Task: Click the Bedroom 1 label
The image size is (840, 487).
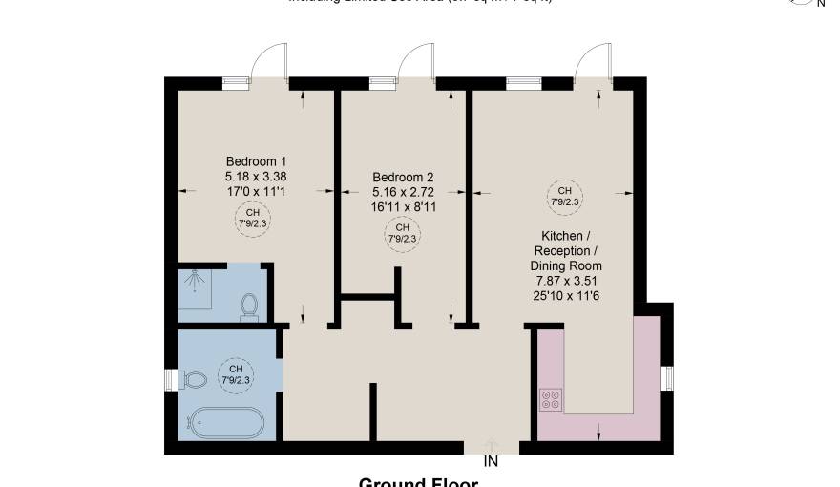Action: coord(256,160)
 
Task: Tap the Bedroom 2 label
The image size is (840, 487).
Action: coord(403,177)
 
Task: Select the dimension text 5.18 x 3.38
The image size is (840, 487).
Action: coord(256,176)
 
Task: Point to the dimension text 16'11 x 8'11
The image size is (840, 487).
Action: coord(403,205)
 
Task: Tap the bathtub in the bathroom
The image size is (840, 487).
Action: coord(225,421)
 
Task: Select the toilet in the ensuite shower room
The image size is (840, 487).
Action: coord(250,307)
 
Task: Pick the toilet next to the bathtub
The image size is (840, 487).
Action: coord(194,380)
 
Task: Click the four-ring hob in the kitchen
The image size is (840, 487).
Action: coord(552,398)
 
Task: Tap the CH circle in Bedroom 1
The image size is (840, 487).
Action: coord(252,218)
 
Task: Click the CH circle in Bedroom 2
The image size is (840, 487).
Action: coord(402,232)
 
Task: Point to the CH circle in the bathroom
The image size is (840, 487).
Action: coord(236,374)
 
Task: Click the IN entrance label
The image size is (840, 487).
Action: coord(492,461)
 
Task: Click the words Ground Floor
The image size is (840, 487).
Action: coord(417,482)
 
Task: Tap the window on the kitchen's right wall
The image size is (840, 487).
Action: coord(668,378)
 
